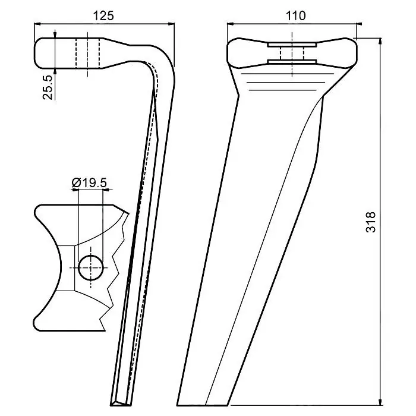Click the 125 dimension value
click(x=103, y=16)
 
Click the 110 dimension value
click(x=295, y=16)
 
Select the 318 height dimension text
click(x=371, y=222)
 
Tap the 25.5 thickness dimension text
click(x=48, y=87)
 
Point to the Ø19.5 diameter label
click(x=89, y=183)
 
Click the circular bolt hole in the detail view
click(x=91, y=267)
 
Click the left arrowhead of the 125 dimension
click(x=37, y=24)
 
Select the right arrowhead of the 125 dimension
click(x=172, y=24)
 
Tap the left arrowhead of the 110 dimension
click(x=231, y=24)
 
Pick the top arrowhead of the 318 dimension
click(x=380, y=41)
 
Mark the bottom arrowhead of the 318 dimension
click(x=380, y=402)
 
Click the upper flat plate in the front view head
click(x=292, y=45)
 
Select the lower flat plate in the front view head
click(x=292, y=62)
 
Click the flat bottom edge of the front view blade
click(x=203, y=405)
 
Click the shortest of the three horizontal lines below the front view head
click(x=283, y=90)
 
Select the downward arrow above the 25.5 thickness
click(x=55, y=34)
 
